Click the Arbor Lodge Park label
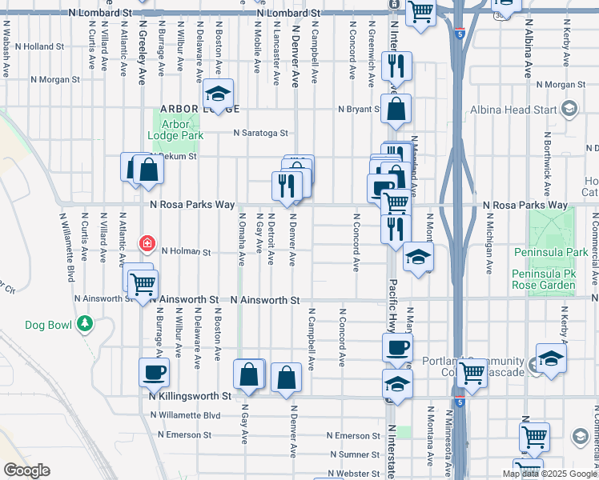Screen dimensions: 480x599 [x=169, y=130]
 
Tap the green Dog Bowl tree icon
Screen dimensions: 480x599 [x=85, y=324]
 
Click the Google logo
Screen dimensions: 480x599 [x=26, y=470]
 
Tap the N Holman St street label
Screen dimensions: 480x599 [x=185, y=251]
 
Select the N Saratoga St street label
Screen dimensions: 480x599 [x=260, y=134]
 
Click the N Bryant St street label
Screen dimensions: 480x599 [x=358, y=109]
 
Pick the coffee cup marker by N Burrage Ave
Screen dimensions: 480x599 [x=154, y=371]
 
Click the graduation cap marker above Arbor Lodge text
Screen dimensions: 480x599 [x=217, y=94]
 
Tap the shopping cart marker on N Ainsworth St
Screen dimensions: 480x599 [x=143, y=283]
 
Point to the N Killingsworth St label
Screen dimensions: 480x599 [x=190, y=395]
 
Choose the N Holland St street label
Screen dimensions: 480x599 [x=38, y=46]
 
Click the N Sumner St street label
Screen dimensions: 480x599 [x=353, y=454]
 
